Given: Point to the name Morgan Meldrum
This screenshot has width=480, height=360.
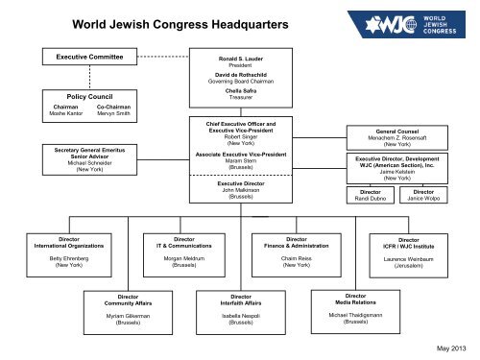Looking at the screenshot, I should click(x=180, y=260).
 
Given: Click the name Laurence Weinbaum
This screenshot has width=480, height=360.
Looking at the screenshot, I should click(x=409, y=259).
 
